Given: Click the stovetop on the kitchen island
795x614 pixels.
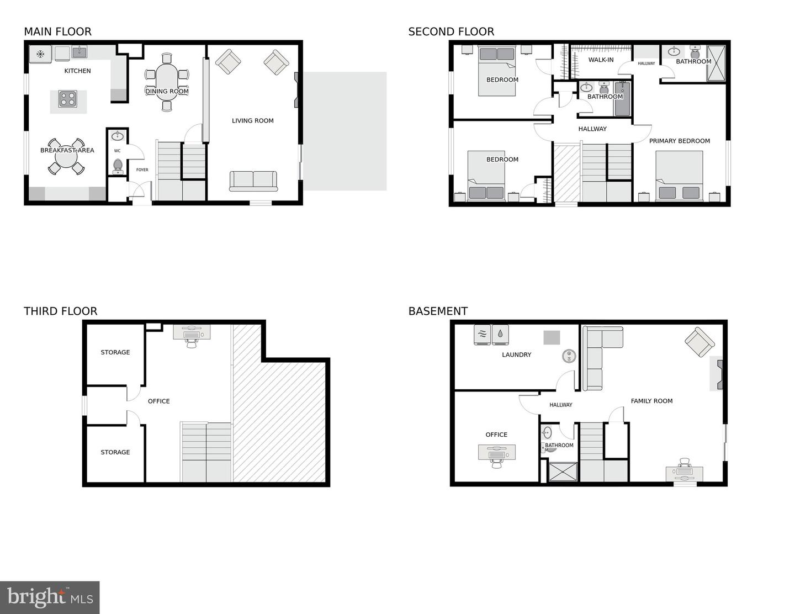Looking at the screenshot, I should [68, 99].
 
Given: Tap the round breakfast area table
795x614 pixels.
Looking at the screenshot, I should [66, 158].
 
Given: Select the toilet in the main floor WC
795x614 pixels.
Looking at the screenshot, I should [117, 165].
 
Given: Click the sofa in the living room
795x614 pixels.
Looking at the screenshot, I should [253, 181].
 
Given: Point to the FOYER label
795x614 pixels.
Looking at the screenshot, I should [142, 170].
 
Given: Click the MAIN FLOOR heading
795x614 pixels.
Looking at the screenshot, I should [57, 31].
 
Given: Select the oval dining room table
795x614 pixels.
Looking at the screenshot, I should [167, 82].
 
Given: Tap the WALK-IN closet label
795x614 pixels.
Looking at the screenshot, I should [601, 60].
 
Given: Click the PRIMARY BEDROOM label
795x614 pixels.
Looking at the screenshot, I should [679, 141].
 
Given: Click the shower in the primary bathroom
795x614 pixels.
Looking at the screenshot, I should [715, 63].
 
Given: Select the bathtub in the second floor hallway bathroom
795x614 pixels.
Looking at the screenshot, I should [622, 99].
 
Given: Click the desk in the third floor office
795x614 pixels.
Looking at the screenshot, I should [192, 332].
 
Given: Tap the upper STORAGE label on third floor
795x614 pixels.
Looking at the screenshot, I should [115, 352].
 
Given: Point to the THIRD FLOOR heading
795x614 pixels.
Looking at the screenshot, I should [60, 311].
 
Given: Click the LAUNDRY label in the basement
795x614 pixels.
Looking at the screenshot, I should [516, 354].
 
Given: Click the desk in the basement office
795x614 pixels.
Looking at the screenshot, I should [497, 452].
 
